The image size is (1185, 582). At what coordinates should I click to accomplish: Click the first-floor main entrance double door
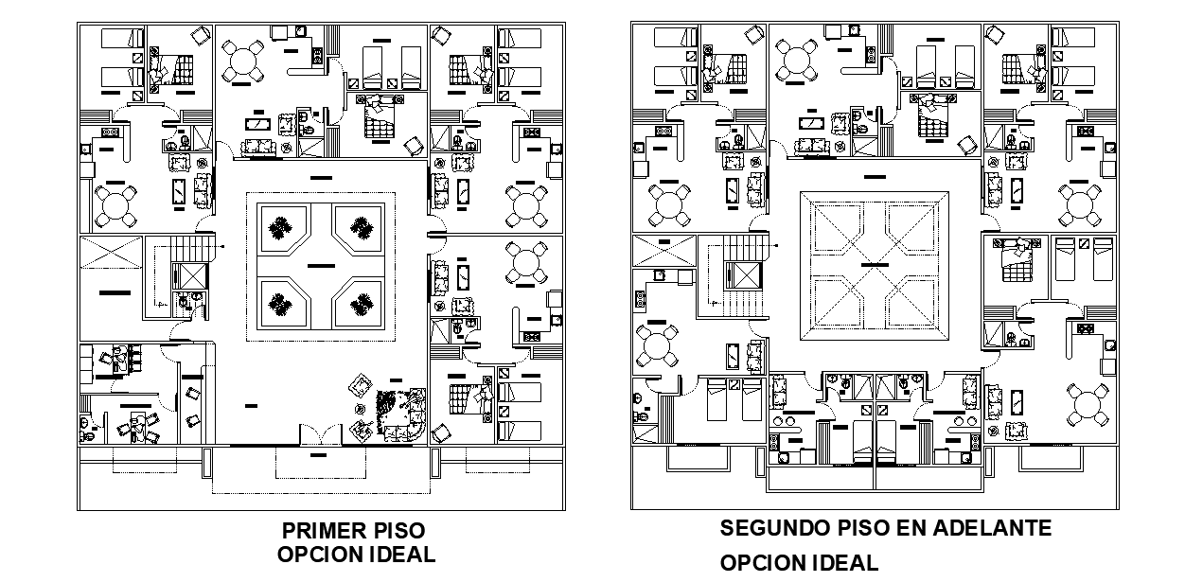(x=321, y=435)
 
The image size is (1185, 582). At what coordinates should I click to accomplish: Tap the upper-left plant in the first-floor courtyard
(x=280, y=229)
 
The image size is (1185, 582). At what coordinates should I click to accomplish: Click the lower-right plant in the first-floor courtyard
(x=362, y=304)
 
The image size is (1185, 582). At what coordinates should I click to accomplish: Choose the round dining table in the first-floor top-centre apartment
(x=243, y=61)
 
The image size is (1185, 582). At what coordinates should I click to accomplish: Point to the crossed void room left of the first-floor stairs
(x=111, y=253)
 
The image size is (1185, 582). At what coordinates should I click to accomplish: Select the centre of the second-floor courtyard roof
(x=874, y=266)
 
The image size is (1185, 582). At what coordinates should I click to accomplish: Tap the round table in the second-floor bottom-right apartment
(x=1088, y=405)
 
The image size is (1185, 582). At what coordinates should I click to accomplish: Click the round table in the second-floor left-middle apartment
(x=656, y=345)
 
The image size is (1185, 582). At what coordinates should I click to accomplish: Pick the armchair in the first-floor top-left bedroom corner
(x=200, y=36)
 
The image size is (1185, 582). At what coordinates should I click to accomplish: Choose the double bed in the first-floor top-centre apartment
(x=380, y=116)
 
